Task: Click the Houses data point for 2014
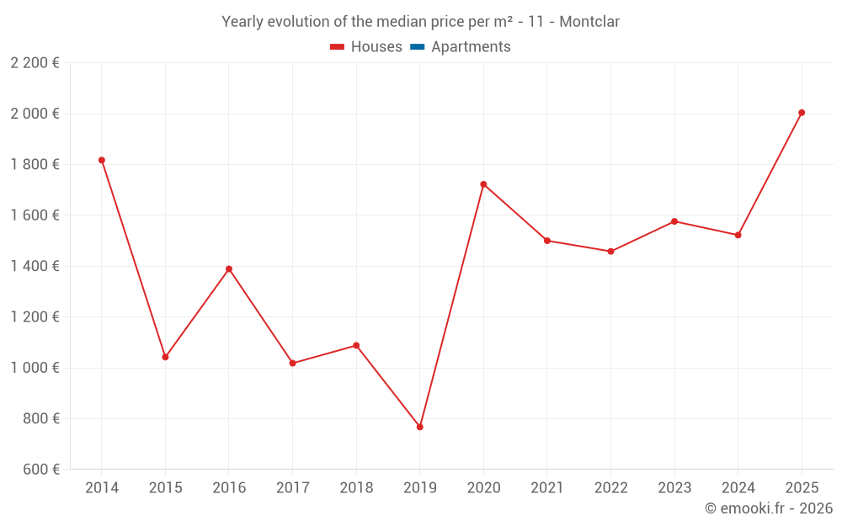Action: click(x=102, y=160)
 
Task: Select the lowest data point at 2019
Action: click(x=419, y=427)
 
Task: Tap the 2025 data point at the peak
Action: click(x=802, y=113)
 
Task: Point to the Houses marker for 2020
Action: click(x=483, y=184)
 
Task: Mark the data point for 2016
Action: click(x=229, y=269)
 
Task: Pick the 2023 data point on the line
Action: click(x=674, y=221)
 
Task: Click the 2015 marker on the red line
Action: click(x=165, y=357)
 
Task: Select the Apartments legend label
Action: click(x=471, y=47)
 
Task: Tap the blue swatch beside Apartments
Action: click(x=418, y=47)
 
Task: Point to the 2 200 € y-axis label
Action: click(x=35, y=63)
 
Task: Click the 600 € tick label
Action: click(x=41, y=470)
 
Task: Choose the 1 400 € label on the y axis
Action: click(x=35, y=266)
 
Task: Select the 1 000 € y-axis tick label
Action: click(x=35, y=368)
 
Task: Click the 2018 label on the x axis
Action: click(x=356, y=488)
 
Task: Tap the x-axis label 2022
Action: click(x=610, y=488)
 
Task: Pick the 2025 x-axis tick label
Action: click(x=802, y=488)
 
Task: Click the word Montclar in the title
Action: click(x=589, y=22)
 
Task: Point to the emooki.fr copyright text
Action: click(x=769, y=508)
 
